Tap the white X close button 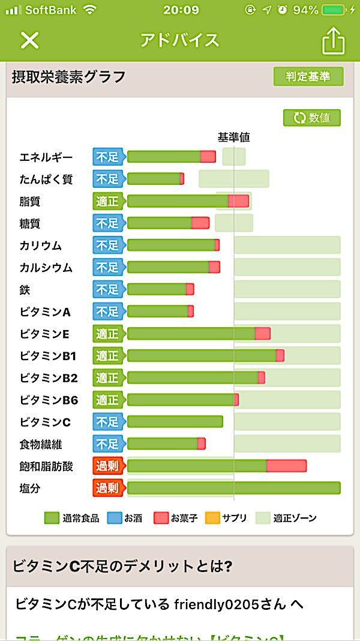(29, 40)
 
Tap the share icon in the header (334, 41)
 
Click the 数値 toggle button (312, 118)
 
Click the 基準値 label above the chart (233, 137)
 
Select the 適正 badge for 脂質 (107, 201)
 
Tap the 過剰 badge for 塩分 (107, 488)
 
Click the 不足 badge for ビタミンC (107, 422)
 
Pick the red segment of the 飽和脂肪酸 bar (286, 466)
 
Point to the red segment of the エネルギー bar (208, 157)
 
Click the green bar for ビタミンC (175, 422)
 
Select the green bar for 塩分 (233, 488)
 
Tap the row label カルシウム (46, 268)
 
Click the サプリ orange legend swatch (212, 517)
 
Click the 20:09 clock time (181, 10)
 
